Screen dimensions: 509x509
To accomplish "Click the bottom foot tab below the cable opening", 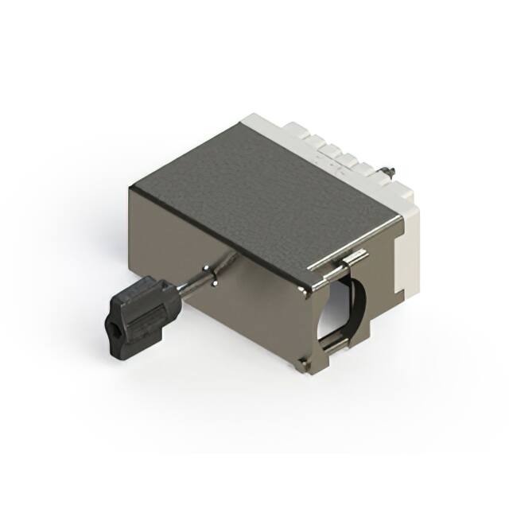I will point(305,364).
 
